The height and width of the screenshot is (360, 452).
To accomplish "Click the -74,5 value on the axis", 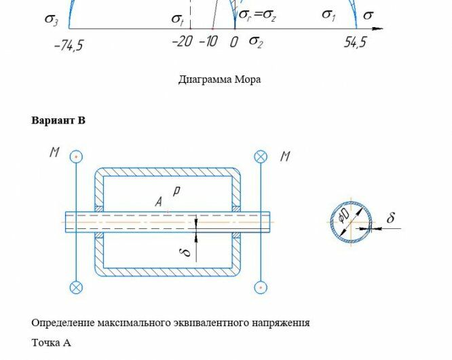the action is [x=68, y=45].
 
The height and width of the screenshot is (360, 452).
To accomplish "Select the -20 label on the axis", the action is [x=182, y=42].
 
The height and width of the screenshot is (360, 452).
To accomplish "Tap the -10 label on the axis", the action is [x=208, y=42].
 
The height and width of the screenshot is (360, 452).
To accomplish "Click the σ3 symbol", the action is [x=52, y=19].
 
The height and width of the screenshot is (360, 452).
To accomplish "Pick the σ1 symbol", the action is [x=328, y=15].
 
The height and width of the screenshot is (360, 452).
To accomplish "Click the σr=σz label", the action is [x=257, y=16].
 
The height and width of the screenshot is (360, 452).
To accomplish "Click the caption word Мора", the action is [x=248, y=79].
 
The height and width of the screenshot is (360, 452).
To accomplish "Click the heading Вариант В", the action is [x=58, y=121].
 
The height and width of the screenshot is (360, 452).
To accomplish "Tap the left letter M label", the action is [x=54, y=153].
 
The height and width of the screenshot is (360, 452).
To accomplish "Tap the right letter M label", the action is [x=285, y=156].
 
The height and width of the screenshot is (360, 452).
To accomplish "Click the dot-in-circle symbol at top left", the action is [x=77, y=157].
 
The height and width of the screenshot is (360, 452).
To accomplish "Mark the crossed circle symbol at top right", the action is [x=261, y=157].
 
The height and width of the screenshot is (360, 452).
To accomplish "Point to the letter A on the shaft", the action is [x=158, y=202].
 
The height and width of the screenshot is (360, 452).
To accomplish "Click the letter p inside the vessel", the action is [x=175, y=192].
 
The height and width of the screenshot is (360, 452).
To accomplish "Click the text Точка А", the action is [x=51, y=342].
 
